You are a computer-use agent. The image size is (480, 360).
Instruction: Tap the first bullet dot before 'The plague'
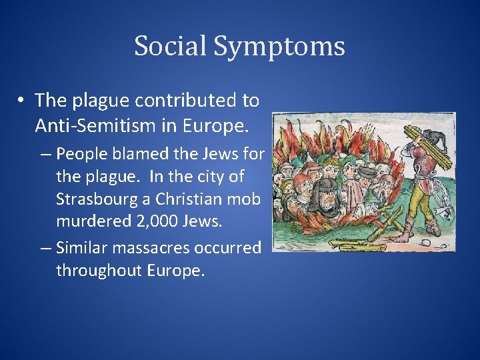22,101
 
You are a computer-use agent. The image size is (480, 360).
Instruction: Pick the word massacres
153,247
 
